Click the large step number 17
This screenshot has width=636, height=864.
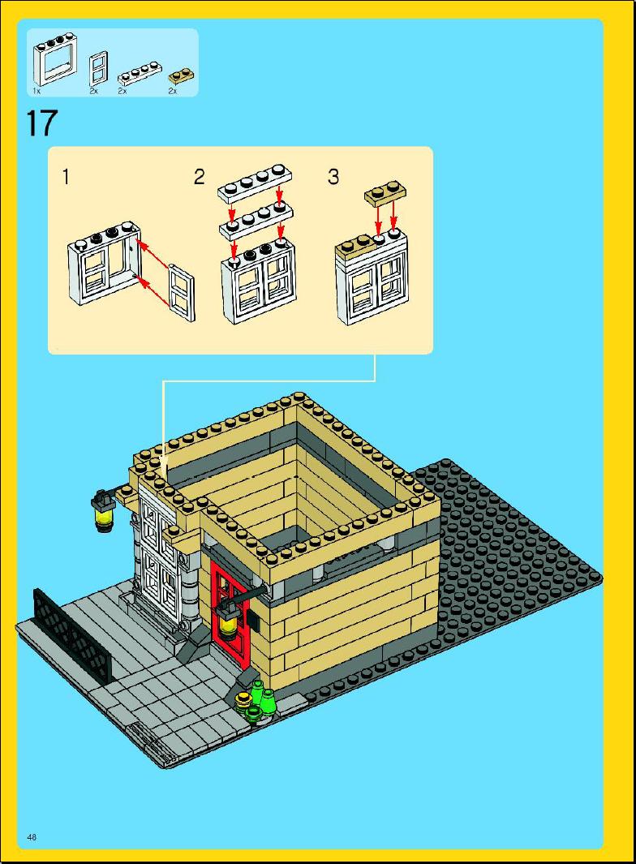[x=41, y=123]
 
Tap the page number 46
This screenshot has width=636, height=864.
[x=32, y=837]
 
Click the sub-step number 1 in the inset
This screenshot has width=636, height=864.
[x=67, y=178]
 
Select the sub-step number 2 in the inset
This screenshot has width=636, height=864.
[x=199, y=177]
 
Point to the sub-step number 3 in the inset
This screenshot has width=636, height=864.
[x=333, y=177]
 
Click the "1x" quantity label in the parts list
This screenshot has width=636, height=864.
[x=37, y=90]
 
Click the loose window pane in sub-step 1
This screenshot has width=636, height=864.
[x=182, y=293]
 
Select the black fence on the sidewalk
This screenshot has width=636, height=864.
[x=72, y=634]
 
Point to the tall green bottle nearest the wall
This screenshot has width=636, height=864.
[x=257, y=690]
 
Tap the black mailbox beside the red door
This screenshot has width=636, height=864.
[x=253, y=617]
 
